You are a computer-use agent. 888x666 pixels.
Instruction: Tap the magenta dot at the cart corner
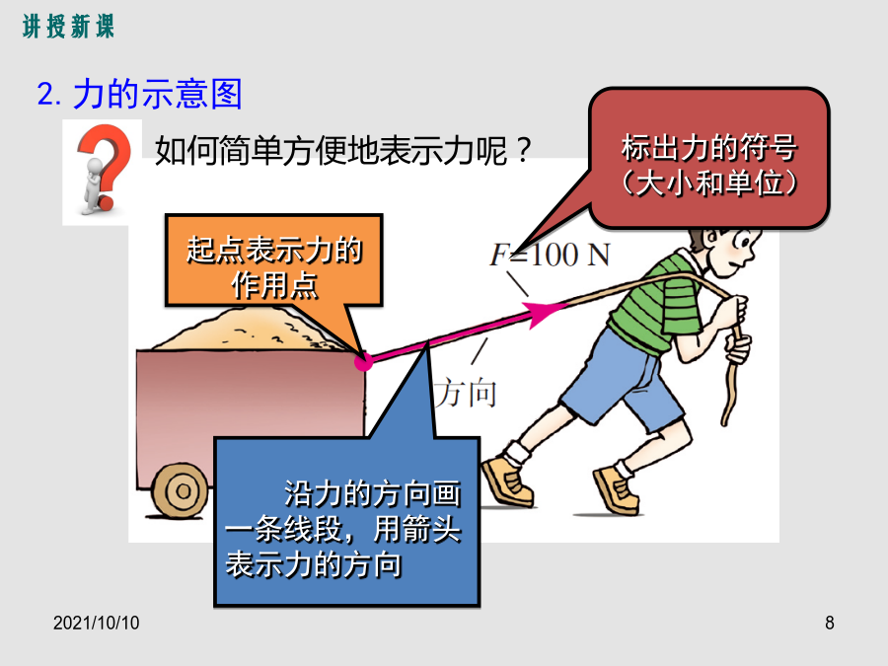pyautogui.click(x=363, y=361)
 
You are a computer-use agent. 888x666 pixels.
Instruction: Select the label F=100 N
pyautogui.click(x=550, y=255)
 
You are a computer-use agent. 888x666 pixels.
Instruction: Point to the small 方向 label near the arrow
pyautogui.click(x=466, y=393)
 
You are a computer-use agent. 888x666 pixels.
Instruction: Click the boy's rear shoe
pyautogui.click(x=507, y=481)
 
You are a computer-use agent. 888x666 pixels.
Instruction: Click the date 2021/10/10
pyautogui.click(x=97, y=623)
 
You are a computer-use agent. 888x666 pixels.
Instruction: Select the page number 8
pyautogui.click(x=829, y=623)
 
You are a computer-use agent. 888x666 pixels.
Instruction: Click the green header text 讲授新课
pyautogui.click(x=68, y=27)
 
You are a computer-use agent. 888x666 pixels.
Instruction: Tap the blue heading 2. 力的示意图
pyautogui.click(x=140, y=94)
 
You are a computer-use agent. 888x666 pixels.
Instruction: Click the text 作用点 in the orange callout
pyautogui.click(x=274, y=284)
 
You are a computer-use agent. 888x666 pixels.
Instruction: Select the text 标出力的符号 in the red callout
pyautogui.click(x=709, y=148)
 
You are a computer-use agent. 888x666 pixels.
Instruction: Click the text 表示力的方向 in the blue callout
pyautogui.click(x=314, y=564)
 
